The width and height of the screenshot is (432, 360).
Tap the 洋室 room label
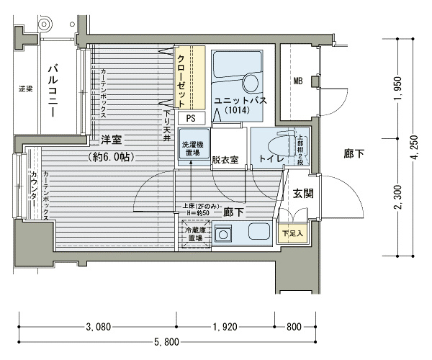click(x=111, y=139)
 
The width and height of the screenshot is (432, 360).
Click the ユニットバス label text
click(x=240, y=101)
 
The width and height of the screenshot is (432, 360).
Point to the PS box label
click(x=191, y=118)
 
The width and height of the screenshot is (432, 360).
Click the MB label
click(x=297, y=81)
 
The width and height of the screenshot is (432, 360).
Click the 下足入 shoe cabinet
click(x=292, y=233)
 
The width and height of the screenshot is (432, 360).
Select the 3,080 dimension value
click(x=99, y=327)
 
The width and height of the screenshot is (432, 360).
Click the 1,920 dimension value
click(x=226, y=327)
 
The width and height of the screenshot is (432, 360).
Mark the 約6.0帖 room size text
click(x=113, y=156)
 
